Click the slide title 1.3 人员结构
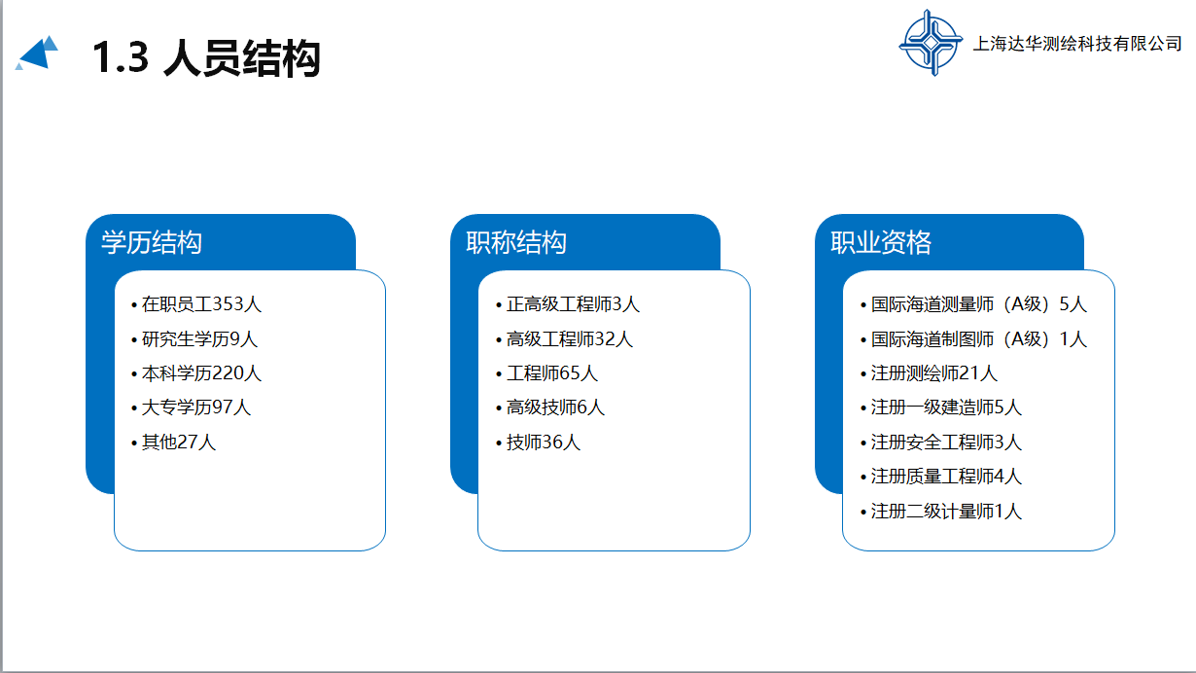[206, 57]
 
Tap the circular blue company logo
[931, 43]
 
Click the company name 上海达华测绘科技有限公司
[1077, 44]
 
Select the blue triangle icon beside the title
[36, 53]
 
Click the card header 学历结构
[152, 242]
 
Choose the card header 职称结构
[516, 242]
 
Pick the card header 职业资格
[881, 242]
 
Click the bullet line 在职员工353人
[202, 304]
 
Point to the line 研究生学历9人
[199, 339]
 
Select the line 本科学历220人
[202, 373]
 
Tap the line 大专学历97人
[196, 407]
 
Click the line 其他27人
[179, 443]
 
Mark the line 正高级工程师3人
[573, 304]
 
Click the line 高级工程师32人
[570, 339]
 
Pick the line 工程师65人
[552, 373]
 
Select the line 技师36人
[544, 443]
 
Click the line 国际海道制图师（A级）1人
[979, 339]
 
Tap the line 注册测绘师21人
[934, 373]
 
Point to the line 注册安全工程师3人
[946, 443]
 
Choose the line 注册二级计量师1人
[946, 512]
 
